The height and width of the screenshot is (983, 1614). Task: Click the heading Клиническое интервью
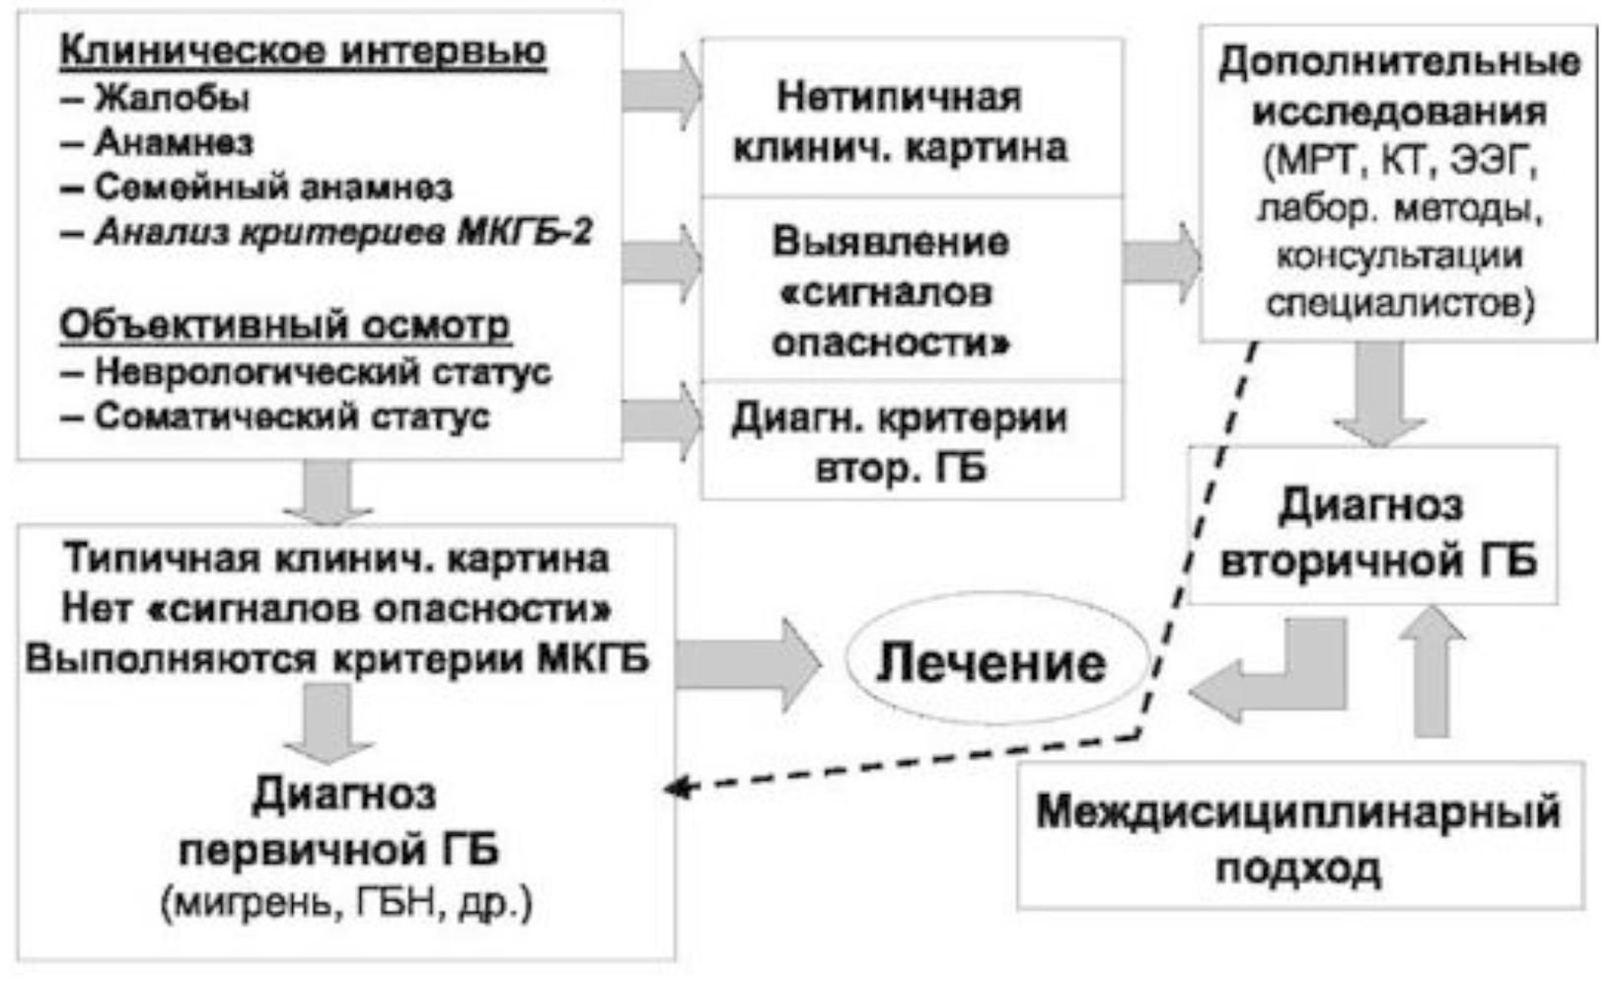coord(303,51)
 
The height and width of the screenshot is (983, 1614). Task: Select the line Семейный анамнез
coord(272,187)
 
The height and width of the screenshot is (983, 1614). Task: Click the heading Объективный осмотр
coord(285,325)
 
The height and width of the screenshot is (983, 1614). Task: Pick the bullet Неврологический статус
coord(322,372)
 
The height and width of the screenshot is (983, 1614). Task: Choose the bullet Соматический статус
coord(291,416)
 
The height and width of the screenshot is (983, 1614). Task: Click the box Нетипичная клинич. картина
coord(912,121)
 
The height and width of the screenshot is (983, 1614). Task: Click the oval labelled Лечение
coord(991,662)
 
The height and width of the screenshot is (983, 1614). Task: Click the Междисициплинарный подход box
coord(1298,839)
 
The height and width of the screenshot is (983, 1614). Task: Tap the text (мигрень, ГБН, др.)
coord(346,903)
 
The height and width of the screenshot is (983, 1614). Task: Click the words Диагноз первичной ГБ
coord(340,821)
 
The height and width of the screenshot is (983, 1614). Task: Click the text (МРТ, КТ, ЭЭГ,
coord(1399,161)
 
